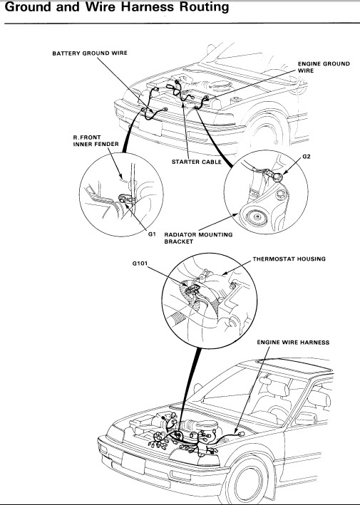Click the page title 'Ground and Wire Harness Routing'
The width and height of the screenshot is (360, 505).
(x=117, y=6)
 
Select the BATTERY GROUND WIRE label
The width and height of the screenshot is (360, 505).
(x=90, y=53)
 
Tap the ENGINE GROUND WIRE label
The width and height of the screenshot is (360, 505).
(x=324, y=67)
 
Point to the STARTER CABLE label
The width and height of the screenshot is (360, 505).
(x=197, y=162)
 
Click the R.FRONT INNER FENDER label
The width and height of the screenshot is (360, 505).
(x=96, y=141)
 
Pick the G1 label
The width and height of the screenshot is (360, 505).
(x=152, y=234)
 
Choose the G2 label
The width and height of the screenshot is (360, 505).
(x=307, y=157)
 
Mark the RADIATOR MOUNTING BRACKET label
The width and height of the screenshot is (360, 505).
(x=198, y=238)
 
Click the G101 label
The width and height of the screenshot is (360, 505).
(x=140, y=264)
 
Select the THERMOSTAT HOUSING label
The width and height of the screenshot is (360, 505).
(x=289, y=259)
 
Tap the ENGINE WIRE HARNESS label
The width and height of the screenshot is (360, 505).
(x=293, y=343)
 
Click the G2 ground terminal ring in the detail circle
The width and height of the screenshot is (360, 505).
(x=277, y=176)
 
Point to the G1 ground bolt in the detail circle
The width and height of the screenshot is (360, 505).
(x=123, y=199)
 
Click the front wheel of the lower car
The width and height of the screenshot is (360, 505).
(x=249, y=481)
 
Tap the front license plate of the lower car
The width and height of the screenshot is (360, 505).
(x=133, y=463)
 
